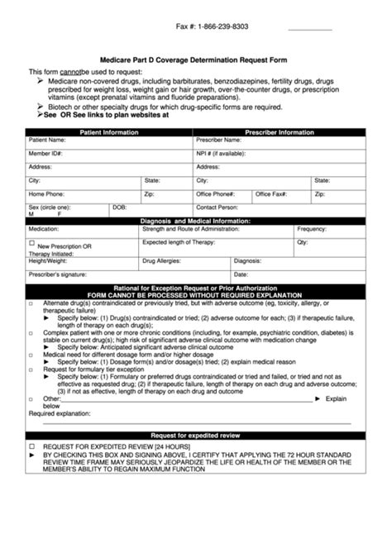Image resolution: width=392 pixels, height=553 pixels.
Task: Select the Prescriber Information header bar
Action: coord(280,132)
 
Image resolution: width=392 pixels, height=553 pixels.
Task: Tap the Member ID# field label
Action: coord(46,154)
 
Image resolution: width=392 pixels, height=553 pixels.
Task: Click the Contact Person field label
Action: coord(218,207)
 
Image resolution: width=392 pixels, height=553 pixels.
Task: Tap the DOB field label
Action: coord(119,207)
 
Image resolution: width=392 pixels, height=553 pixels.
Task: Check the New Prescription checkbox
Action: coord(32,243)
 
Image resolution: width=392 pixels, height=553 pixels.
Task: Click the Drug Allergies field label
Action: coord(163,260)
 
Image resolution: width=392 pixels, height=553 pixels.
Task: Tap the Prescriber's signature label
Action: coord(58,274)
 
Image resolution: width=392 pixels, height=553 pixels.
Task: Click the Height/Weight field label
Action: coord(47,260)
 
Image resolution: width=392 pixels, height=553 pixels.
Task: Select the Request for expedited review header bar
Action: coord(195,435)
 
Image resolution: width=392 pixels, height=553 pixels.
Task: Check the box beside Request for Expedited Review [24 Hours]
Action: coord(31,445)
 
